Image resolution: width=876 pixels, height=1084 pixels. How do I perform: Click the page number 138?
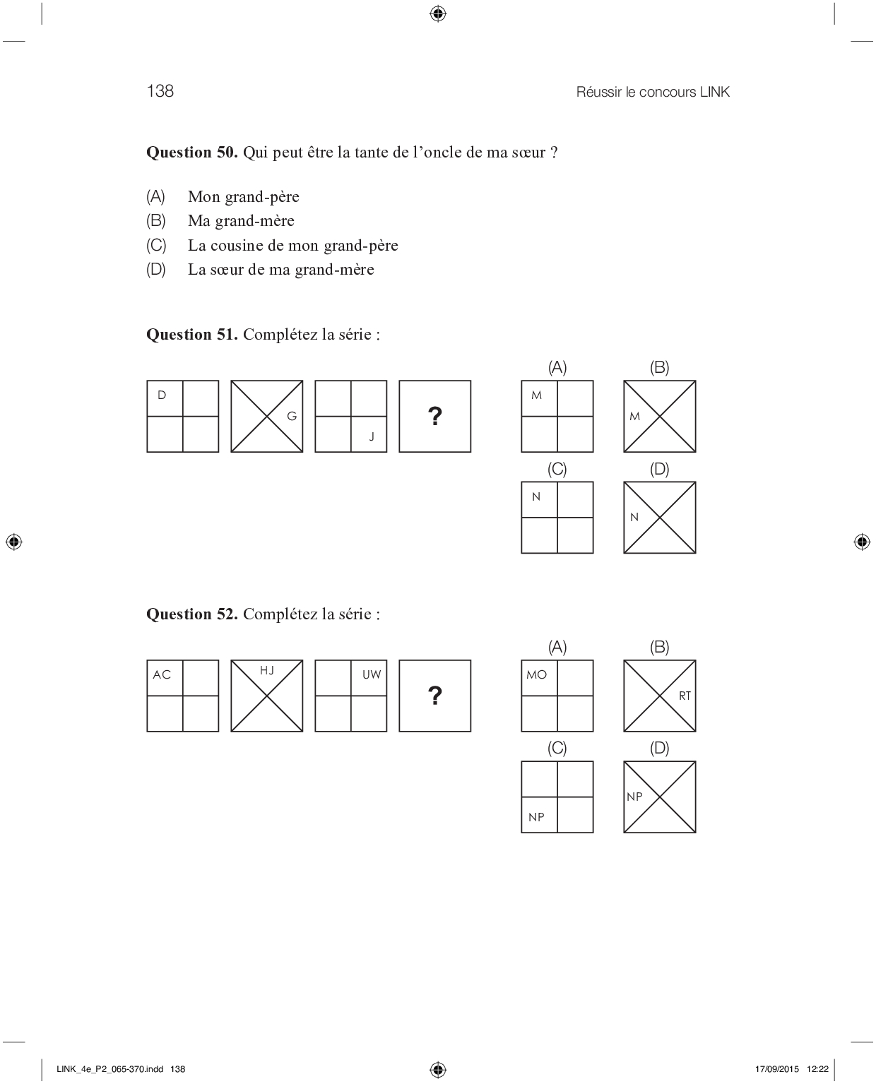point(160,91)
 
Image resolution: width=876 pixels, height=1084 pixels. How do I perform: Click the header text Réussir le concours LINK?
point(652,92)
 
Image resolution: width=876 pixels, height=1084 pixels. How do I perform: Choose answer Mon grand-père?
point(243,197)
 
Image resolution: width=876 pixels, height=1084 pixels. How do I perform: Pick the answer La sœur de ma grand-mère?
point(280,270)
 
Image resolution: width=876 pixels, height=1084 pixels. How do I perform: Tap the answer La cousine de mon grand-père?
point(292,246)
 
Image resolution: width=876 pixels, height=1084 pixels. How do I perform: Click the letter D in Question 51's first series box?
point(162,395)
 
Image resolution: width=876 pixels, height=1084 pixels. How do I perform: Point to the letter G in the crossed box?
point(292,417)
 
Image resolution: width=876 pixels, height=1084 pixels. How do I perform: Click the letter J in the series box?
point(372,437)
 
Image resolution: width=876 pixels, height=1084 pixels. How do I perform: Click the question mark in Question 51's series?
point(435,417)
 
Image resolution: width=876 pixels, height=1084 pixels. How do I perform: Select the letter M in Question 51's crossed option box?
point(634,417)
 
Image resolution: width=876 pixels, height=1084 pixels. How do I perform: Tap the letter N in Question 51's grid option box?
point(536,497)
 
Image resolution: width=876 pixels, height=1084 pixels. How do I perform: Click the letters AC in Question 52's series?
point(162,675)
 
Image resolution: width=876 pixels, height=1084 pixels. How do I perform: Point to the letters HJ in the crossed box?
point(267,670)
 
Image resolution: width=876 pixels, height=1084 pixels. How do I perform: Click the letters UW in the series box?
point(372,675)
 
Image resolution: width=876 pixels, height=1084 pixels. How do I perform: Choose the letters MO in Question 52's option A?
point(536,675)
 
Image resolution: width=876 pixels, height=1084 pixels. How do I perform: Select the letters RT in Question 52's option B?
point(685,696)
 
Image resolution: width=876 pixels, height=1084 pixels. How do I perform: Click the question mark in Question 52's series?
point(435,696)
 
